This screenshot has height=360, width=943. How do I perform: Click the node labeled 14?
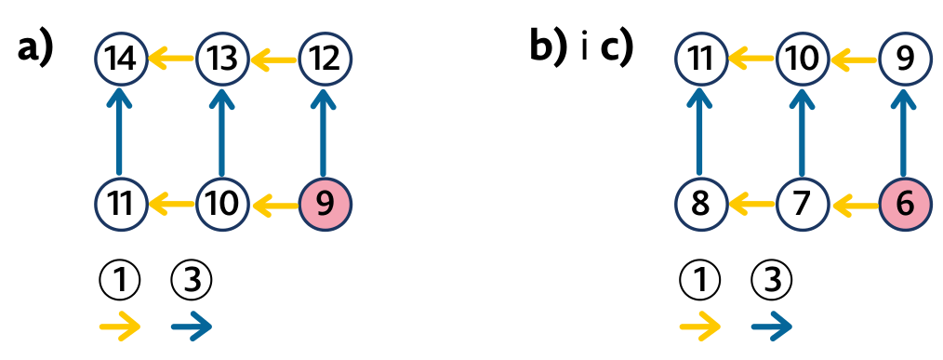point(121,59)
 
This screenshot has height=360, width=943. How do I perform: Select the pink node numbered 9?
point(325,205)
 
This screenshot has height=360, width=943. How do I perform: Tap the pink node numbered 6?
point(905,205)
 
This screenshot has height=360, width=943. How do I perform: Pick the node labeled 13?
point(222,59)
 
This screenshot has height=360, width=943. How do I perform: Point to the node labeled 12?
point(325,59)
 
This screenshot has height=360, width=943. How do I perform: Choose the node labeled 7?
point(803,205)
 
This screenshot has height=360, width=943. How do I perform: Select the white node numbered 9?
point(905,59)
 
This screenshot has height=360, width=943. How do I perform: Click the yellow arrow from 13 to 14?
point(171,59)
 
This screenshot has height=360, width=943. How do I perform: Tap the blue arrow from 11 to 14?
point(120,131)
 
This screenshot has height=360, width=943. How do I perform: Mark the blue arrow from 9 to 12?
point(325,131)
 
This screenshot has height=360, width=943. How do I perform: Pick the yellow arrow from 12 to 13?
point(273,59)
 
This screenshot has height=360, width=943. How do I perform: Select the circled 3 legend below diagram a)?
point(192,281)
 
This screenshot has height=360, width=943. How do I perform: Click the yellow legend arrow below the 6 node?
point(700,327)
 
